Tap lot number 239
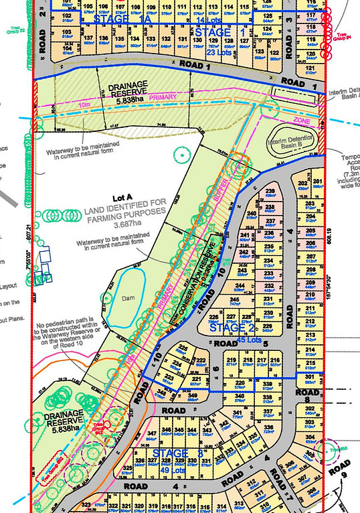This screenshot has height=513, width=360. pos(270,192)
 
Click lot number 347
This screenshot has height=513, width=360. pos(152,434)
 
